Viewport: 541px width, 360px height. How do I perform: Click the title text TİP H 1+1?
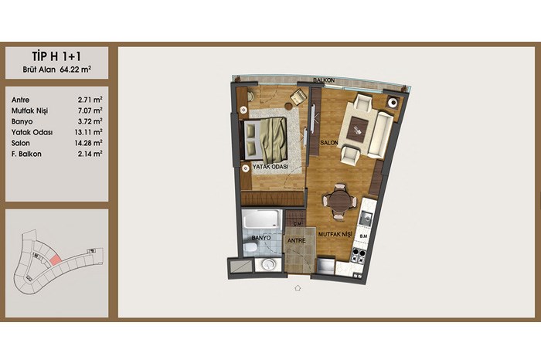pos(56,56)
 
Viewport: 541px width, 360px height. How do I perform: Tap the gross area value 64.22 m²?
pos(76,70)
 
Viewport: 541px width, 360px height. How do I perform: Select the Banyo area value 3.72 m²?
pos(90,121)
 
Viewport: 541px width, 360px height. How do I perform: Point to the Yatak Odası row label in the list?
pos(32,132)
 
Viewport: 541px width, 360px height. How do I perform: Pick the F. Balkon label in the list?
pos(26,155)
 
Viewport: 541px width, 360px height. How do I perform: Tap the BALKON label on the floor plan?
pos(324,80)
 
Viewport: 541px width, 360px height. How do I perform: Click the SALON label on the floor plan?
pos(328,142)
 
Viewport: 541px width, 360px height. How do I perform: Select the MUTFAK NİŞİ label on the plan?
pos(335,234)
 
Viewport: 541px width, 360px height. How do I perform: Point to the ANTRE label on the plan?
pos(296,241)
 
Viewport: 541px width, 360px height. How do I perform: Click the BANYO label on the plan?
pos(261,238)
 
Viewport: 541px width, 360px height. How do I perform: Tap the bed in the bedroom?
pos(266,139)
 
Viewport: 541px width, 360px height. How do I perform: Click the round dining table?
pos(340,201)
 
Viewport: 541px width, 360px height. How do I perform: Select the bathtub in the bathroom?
pos(260,219)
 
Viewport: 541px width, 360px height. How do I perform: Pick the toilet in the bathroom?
pos(250,247)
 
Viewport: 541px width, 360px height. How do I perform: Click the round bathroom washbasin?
pos(268,264)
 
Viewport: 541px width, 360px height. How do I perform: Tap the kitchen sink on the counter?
pos(366,218)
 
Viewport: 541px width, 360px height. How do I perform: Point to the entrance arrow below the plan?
pos(298,287)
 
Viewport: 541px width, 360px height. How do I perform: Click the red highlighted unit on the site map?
pos(55,259)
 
